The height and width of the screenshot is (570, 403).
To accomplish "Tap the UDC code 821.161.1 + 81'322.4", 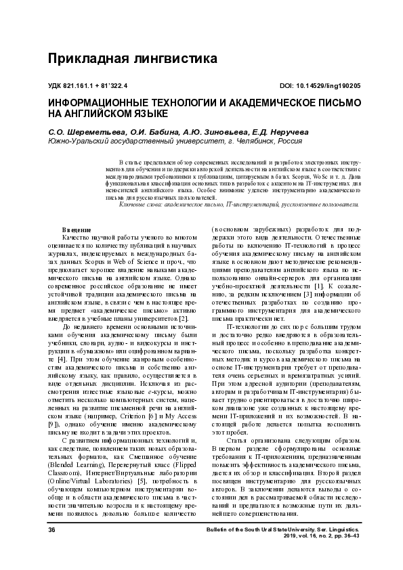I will [x=88, y=87].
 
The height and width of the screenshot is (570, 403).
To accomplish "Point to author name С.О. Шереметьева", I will [x=74, y=132].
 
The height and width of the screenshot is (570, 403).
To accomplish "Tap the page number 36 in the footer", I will [x=51, y=549].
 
